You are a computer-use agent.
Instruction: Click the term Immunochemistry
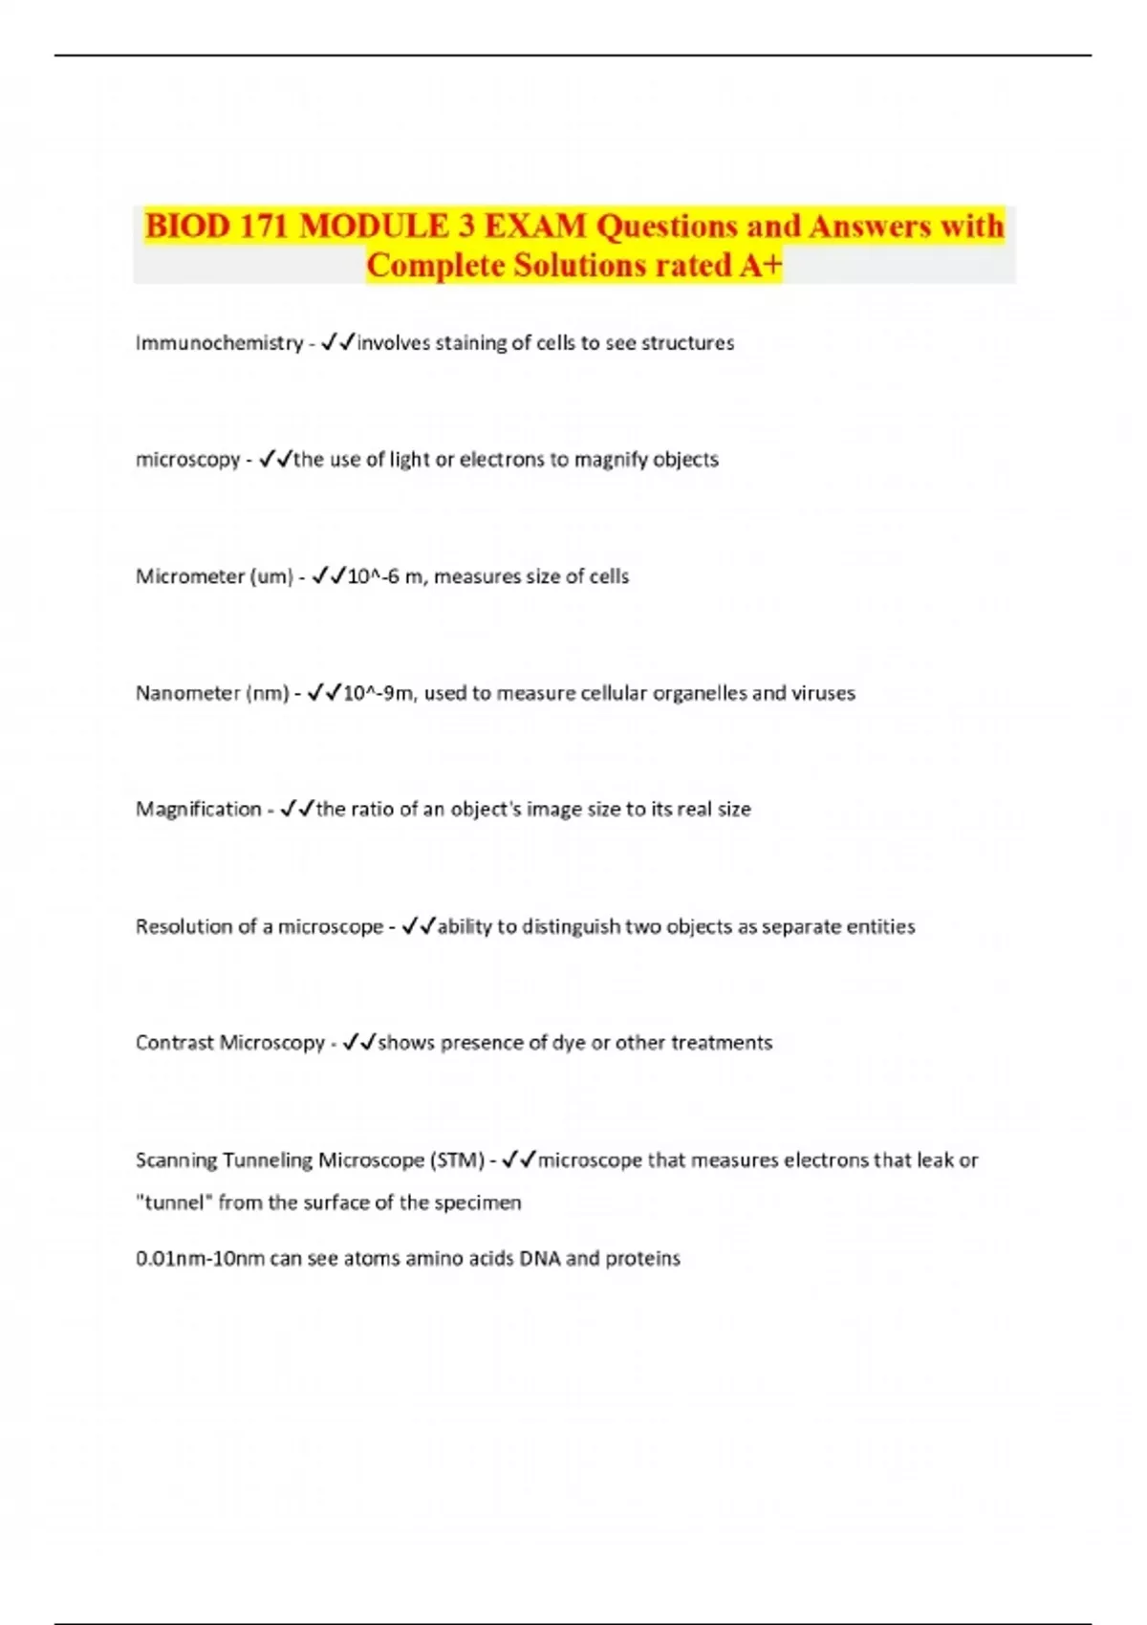(219, 343)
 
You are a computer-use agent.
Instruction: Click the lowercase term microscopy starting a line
(187, 460)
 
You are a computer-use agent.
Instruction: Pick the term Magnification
(198, 810)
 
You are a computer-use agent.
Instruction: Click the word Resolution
(183, 926)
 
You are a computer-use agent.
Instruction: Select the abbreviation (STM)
(458, 1160)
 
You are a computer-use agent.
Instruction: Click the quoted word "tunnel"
(173, 1202)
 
